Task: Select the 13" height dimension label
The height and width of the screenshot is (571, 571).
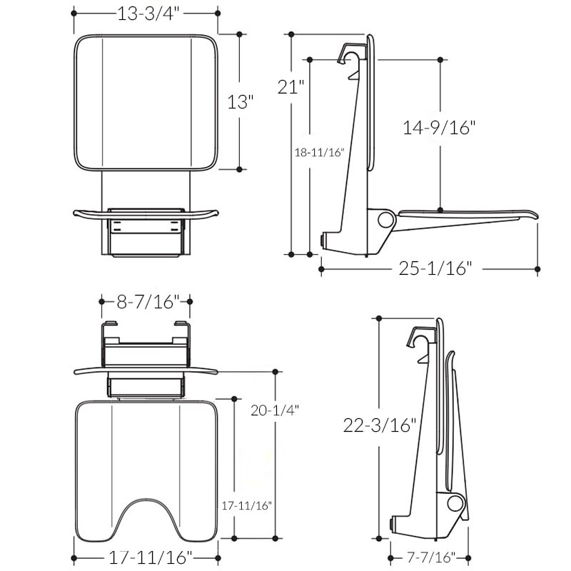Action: pyautogui.click(x=241, y=101)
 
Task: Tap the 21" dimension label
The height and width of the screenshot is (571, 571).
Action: pyautogui.click(x=290, y=87)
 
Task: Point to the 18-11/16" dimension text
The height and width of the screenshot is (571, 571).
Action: pyautogui.click(x=320, y=152)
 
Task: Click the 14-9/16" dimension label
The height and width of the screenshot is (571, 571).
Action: pyautogui.click(x=439, y=128)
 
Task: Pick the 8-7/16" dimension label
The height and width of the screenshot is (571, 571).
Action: pyautogui.click(x=146, y=302)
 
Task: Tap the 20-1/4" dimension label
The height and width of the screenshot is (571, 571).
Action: pyautogui.click(x=274, y=410)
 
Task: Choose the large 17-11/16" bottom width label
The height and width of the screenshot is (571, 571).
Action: pyautogui.click(x=146, y=557)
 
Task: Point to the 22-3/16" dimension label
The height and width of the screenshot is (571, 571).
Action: pyautogui.click(x=379, y=425)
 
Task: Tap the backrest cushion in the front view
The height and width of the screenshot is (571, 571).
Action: pyautogui.click(x=146, y=102)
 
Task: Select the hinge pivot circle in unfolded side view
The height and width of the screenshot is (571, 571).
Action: pyautogui.click(x=385, y=219)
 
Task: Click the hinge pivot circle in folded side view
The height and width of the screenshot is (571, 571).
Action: pyautogui.click(x=454, y=504)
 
